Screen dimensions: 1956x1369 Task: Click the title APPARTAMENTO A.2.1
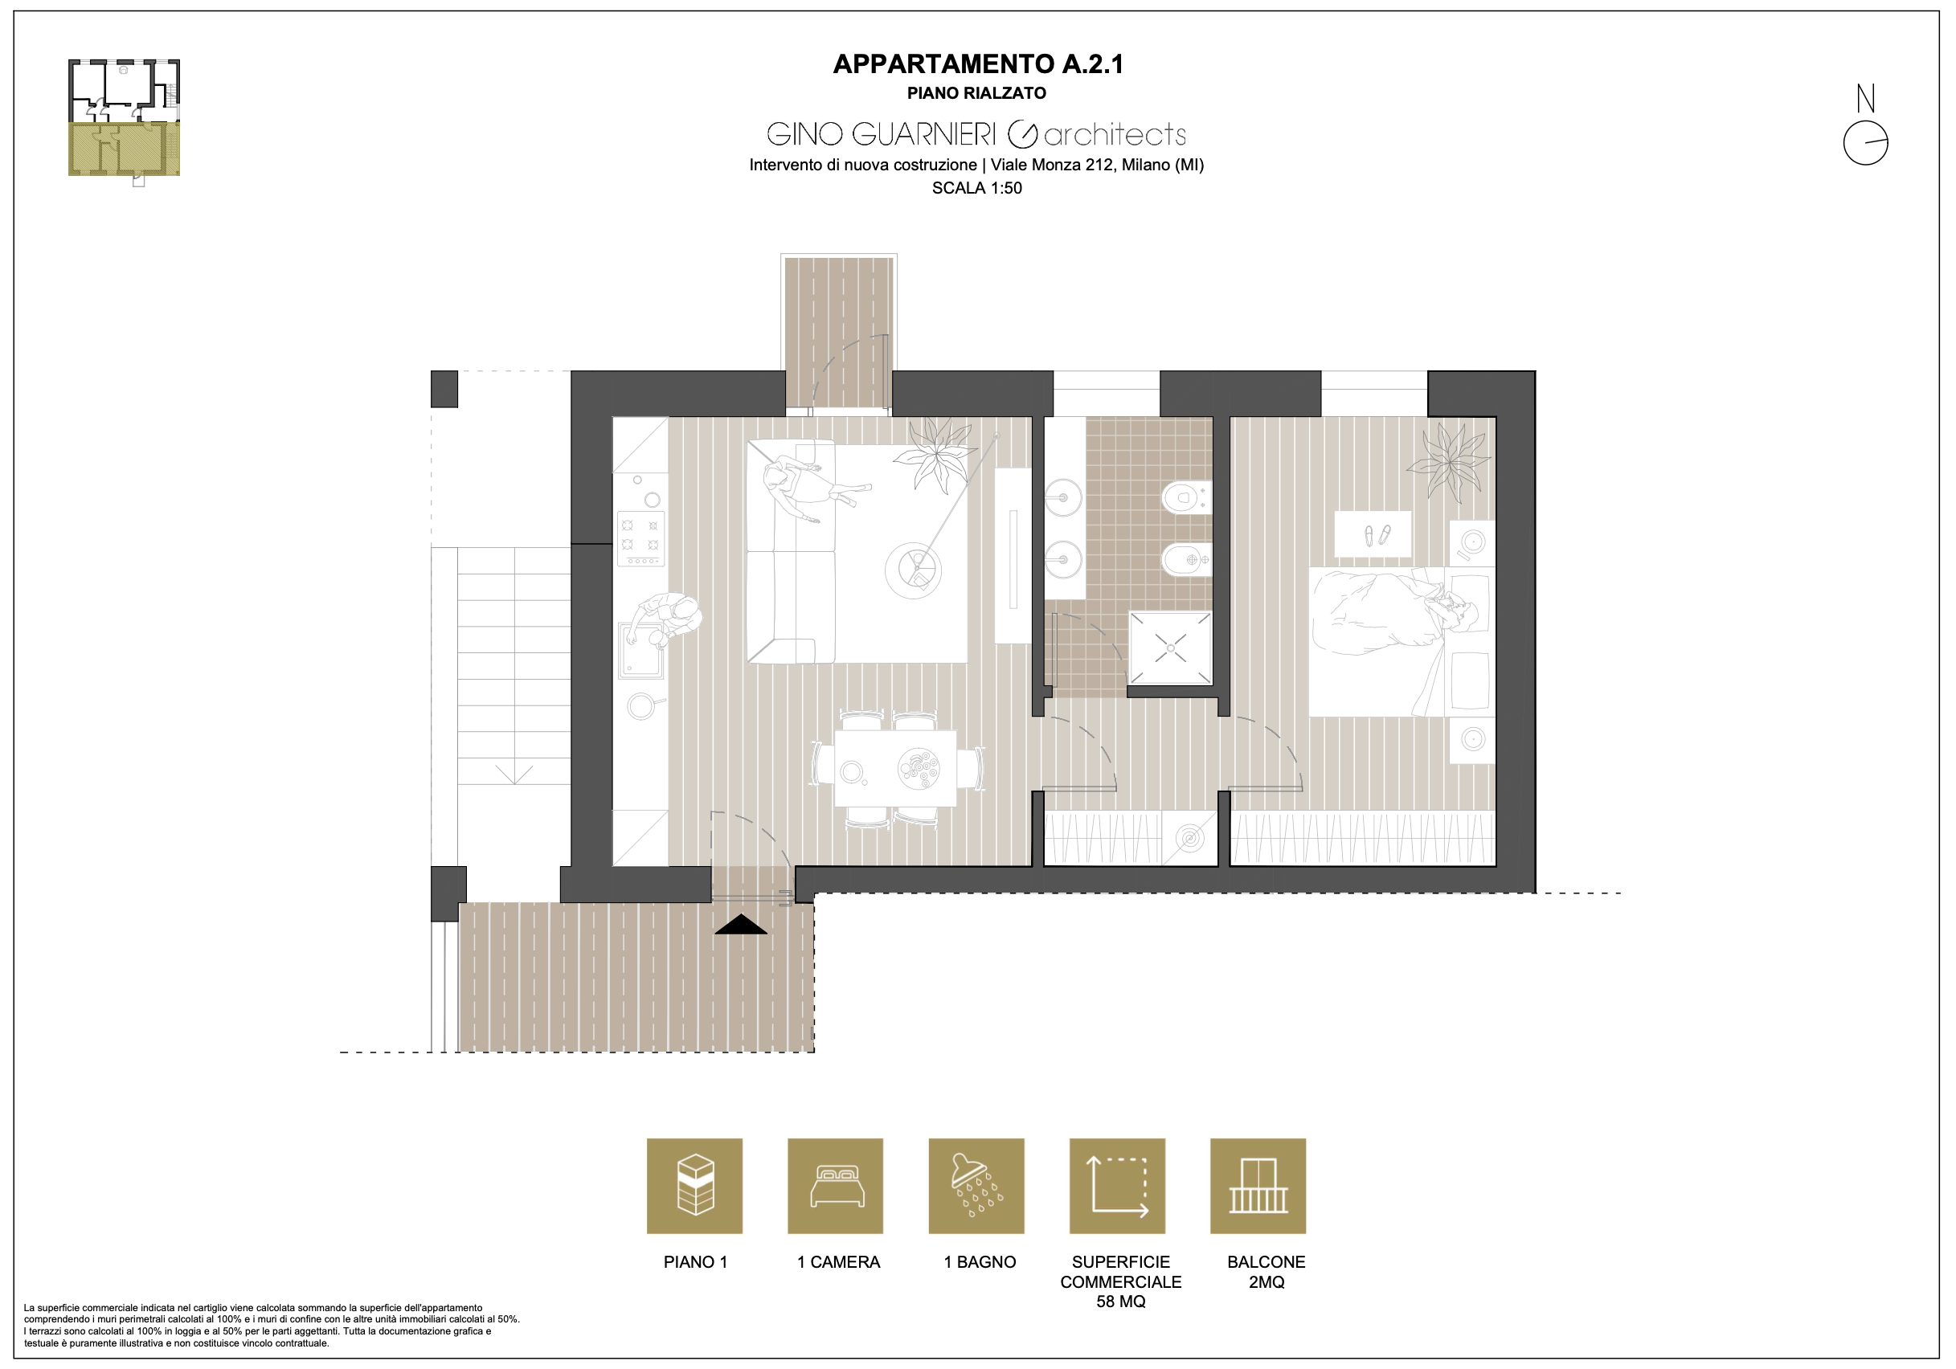(978, 64)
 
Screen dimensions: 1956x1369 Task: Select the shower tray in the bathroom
(1170, 648)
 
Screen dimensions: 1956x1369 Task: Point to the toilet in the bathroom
(1185, 497)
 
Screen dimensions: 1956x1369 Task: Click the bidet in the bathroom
(1185, 560)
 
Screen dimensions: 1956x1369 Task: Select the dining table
(894, 767)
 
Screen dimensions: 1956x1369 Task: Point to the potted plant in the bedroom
(1448, 462)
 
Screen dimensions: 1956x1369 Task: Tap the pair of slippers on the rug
(1377, 535)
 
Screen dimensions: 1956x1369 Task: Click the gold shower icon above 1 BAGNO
(976, 1186)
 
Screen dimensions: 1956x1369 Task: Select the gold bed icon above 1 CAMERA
(836, 1186)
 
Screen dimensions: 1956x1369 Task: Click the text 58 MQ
(1120, 1302)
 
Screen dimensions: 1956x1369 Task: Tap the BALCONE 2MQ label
(1266, 1272)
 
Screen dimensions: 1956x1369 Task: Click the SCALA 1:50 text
(977, 188)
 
